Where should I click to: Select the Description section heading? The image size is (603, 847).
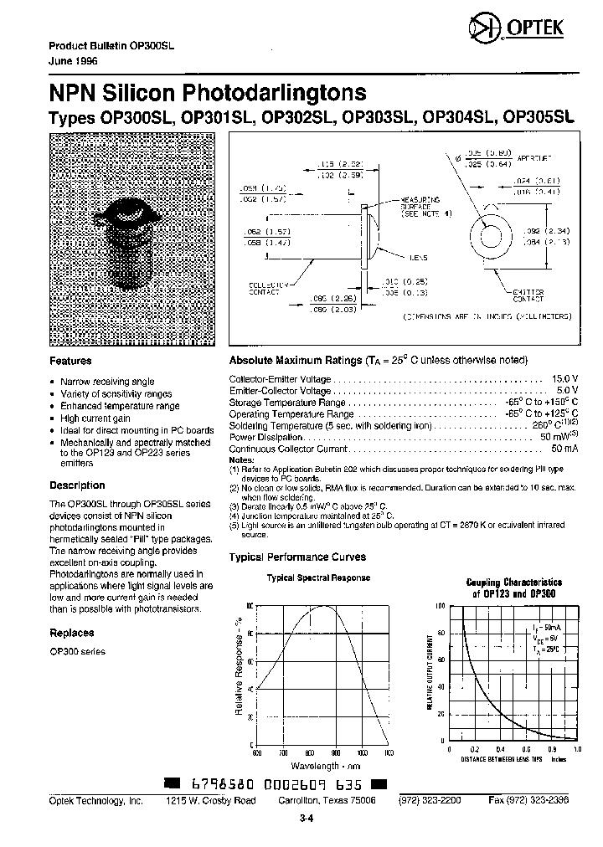point(77,485)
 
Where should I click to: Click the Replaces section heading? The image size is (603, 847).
point(71,633)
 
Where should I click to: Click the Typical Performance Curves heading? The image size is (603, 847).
point(297,557)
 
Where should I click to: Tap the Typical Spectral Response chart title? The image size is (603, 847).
point(318,577)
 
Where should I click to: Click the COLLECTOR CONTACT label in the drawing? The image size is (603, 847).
point(267,288)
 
